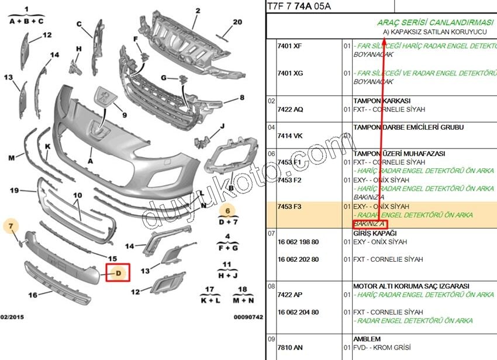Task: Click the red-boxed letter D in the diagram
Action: tap(118, 273)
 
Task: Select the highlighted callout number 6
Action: tap(227, 211)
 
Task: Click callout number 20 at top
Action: tap(237, 22)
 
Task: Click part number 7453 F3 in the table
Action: tap(289, 207)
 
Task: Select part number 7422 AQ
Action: tap(290, 109)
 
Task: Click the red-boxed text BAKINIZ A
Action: tap(369, 224)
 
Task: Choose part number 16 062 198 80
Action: tap(298, 242)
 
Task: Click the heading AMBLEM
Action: tap(367, 339)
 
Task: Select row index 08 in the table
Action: tap(271, 286)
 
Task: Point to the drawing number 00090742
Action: tap(248, 316)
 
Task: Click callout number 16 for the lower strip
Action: tap(33, 295)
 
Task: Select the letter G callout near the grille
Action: tap(164, 78)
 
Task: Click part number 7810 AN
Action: tap(290, 348)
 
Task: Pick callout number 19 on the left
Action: tap(16, 191)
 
